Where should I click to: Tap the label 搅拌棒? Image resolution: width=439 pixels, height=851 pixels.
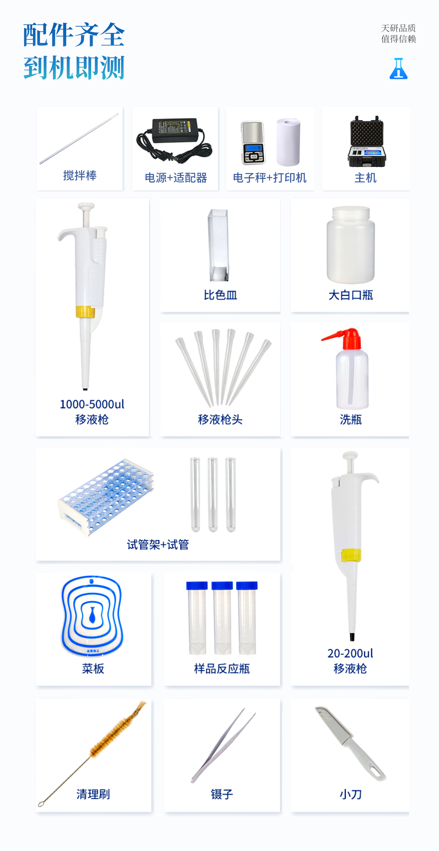pyautogui.click(x=80, y=176)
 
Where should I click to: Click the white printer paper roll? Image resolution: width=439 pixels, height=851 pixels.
pyautogui.click(x=288, y=142)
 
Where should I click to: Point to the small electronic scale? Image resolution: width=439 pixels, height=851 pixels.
pyautogui.click(x=253, y=143)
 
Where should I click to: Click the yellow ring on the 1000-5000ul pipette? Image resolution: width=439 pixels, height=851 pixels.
pyautogui.click(x=85, y=311)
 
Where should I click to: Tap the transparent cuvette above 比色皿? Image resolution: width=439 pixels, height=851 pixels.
pyautogui.click(x=218, y=245)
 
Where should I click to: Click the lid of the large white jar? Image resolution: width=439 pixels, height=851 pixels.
pyautogui.click(x=350, y=213)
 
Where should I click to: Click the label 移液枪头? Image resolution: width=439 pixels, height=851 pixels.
pyautogui.click(x=220, y=419)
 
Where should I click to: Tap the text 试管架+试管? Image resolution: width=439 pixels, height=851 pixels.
pyautogui.click(x=158, y=545)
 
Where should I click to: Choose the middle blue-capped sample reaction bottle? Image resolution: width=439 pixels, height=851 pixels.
pyautogui.click(x=222, y=618)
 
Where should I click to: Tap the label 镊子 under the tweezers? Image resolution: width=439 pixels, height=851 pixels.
pyautogui.click(x=222, y=794)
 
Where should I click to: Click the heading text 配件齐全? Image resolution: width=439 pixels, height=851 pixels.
pyautogui.click(x=74, y=35)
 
